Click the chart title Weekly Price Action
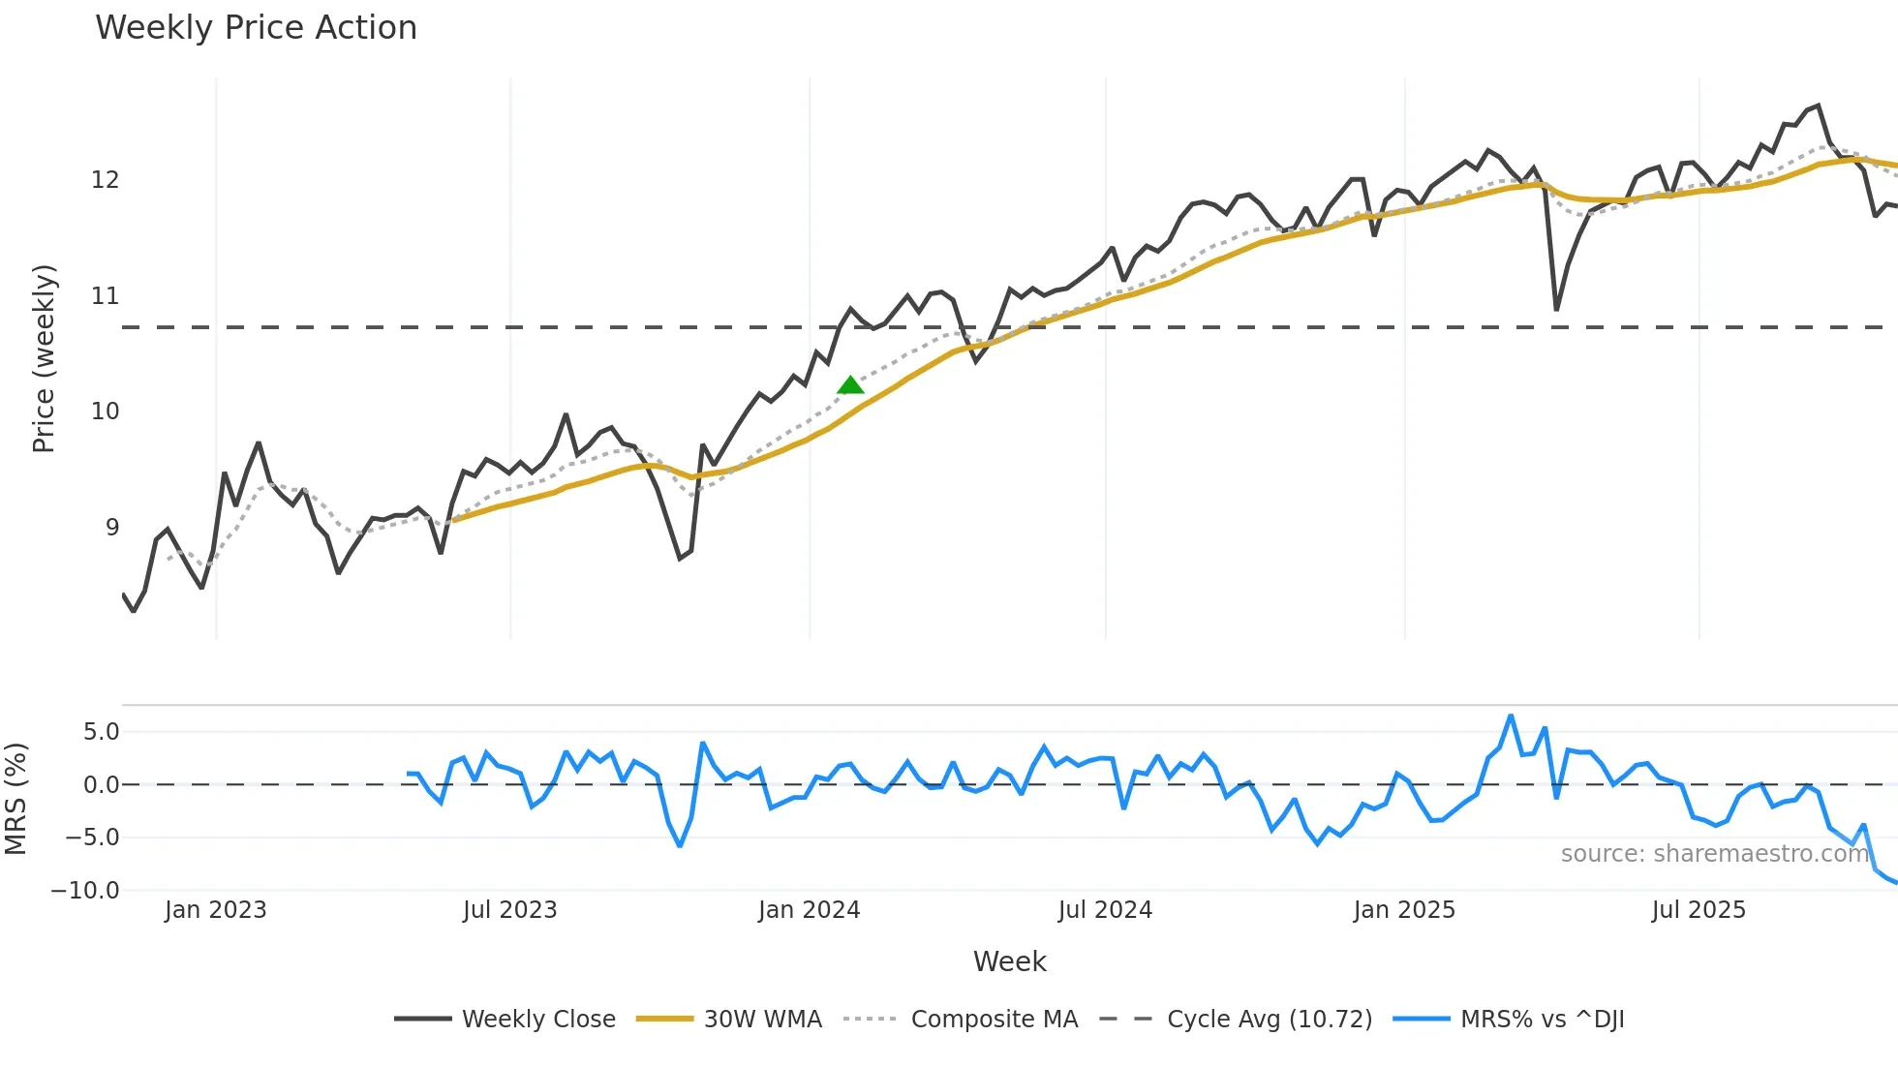pyautogui.click(x=256, y=28)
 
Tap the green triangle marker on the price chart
pyautogui.click(x=850, y=385)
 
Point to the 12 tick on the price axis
pyautogui.click(x=105, y=180)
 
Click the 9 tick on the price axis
pyautogui.click(x=112, y=528)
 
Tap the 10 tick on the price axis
pyautogui.click(x=105, y=412)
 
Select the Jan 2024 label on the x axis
pyautogui.click(x=809, y=910)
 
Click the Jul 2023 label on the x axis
pyautogui.click(x=509, y=910)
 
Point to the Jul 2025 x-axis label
pyautogui.click(x=1699, y=910)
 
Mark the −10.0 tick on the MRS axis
pyautogui.click(x=85, y=891)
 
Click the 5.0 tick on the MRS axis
pyautogui.click(x=101, y=732)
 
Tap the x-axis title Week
pyautogui.click(x=1009, y=961)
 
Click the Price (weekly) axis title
pyautogui.click(x=44, y=358)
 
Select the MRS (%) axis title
pyautogui.click(x=15, y=799)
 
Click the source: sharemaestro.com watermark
pyautogui.click(x=1714, y=854)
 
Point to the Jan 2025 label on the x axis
pyautogui.click(x=1403, y=910)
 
